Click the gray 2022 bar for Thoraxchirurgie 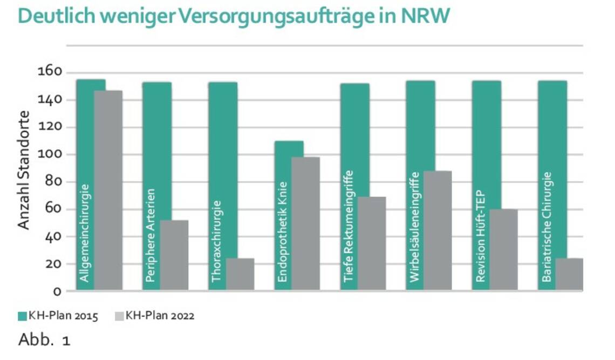(240, 274)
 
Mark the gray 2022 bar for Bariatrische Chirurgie (569, 274)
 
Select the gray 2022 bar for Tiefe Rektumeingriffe (372, 243)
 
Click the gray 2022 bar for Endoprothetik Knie (306, 223)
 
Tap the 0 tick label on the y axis (57, 291)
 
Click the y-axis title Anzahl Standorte (24, 169)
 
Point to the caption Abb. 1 (44, 341)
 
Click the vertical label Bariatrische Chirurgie (546, 227)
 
